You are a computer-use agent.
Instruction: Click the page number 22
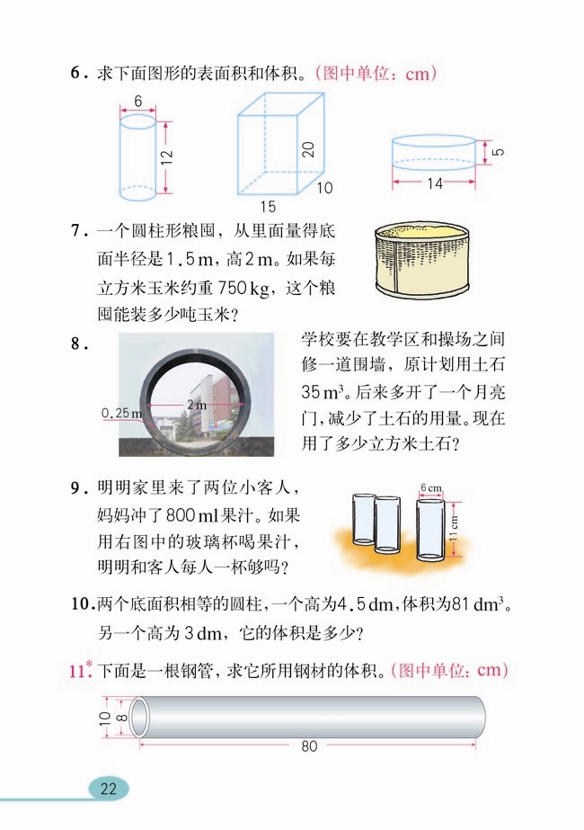pyautogui.click(x=109, y=789)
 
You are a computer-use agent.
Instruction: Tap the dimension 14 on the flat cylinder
pyautogui.click(x=434, y=184)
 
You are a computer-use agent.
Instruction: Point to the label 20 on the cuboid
pyautogui.click(x=308, y=150)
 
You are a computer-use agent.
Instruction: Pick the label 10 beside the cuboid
pyautogui.click(x=323, y=188)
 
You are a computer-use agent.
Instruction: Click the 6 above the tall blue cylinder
pyautogui.click(x=137, y=103)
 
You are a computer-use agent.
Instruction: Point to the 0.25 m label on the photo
pyautogui.click(x=122, y=414)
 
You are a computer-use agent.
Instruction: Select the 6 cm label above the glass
pyautogui.click(x=431, y=488)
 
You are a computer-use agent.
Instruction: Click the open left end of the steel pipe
pyautogui.click(x=139, y=716)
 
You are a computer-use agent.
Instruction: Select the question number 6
pyautogui.click(x=76, y=74)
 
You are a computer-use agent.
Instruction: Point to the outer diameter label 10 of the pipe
pyautogui.click(x=104, y=717)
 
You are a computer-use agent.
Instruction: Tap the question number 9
pyautogui.click(x=76, y=489)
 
